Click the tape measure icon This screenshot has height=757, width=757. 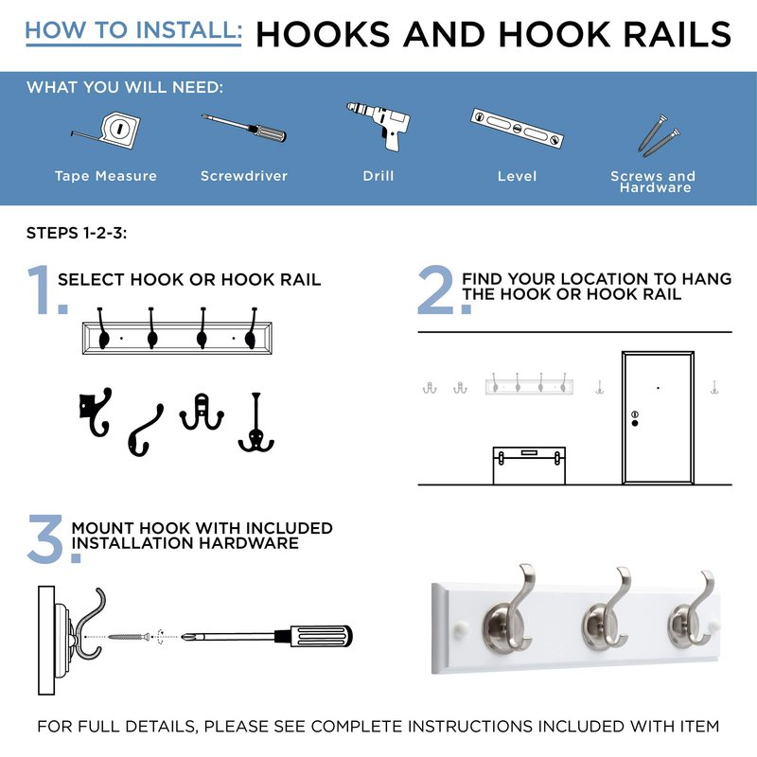[x=110, y=131]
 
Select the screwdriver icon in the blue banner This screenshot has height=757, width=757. [x=244, y=128]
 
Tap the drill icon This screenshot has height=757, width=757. [x=379, y=126]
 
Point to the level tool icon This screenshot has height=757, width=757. [x=517, y=128]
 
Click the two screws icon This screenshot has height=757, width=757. [x=659, y=136]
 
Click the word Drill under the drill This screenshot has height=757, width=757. [x=378, y=176]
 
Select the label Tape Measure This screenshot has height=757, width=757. [x=106, y=176]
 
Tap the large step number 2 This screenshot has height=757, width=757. [x=435, y=290]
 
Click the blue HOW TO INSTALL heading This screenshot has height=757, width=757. [x=133, y=31]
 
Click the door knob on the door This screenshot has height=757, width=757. [x=635, y=423]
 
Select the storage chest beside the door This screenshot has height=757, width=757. [x=529, y=466]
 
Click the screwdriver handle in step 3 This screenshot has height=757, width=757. [x=320, y=636]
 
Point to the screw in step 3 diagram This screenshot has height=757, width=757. [x=129, y=637]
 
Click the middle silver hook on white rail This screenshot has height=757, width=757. [x=607, y=611]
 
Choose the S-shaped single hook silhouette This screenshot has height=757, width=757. [x=146, y=431]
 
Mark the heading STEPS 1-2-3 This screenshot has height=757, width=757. [x=77, y=233]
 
